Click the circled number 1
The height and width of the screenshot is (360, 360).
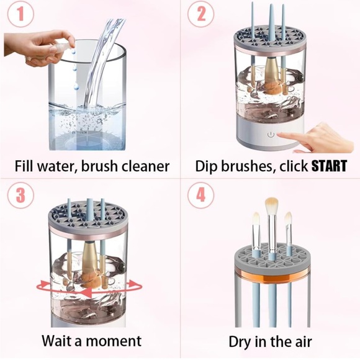point(20,14)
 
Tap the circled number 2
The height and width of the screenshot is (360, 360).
point(200,14)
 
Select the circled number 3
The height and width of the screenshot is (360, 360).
point(20,195)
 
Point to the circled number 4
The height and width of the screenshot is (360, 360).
point(200,195)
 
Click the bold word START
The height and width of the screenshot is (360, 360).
point(328,166)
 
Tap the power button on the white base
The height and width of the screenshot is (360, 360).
point(271,135)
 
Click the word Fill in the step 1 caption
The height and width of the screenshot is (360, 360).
point(23,166)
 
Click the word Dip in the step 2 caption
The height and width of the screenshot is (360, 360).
point(205,166)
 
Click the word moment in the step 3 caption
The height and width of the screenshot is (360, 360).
point(114,341)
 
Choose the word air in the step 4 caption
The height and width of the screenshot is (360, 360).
point(303,342)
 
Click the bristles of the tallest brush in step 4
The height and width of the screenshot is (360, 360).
point(271,205)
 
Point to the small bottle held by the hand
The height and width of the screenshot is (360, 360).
point(61,48)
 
